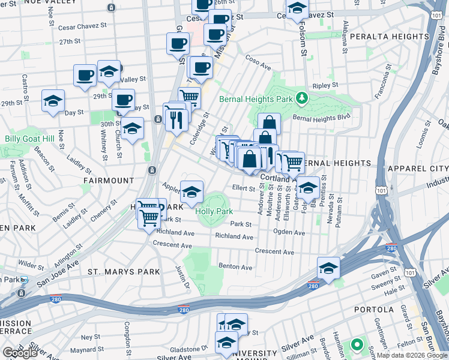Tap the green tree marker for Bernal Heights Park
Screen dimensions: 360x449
pos(304,98)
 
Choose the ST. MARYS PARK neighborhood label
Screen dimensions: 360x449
pos(124,272)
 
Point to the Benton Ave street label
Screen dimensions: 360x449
pos(235,266)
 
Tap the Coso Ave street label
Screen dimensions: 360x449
pos(259,61)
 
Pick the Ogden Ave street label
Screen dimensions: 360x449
pos(289,231)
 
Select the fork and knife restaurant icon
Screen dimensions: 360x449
pos(176,120)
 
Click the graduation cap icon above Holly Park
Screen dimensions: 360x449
pos(191,192)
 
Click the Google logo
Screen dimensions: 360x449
pos(20,353)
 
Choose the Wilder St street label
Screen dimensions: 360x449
pos(28,263)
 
